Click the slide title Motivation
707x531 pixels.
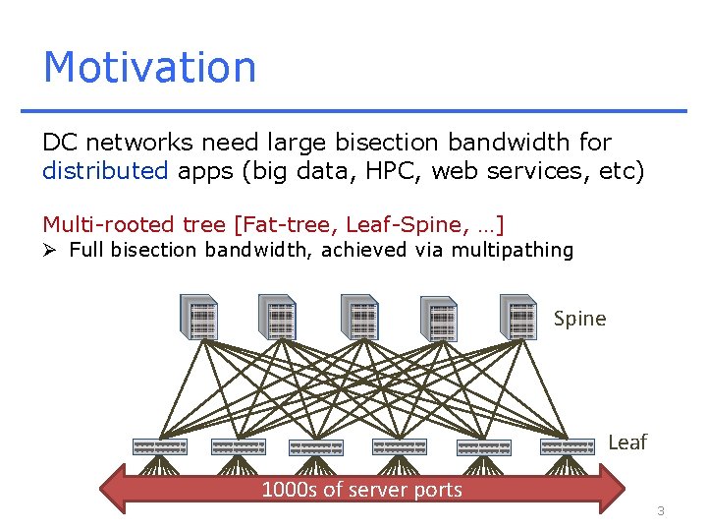click(x=149, y=67)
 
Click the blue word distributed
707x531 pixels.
click(x=105, y=171)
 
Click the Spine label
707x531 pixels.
click(x=579, y=319)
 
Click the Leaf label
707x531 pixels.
click(x=626, y=442)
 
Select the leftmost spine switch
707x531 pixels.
click(x=199, y=318)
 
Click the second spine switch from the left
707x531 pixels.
click(x=279, y=318)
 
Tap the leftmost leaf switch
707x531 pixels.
click(x=159, y=446)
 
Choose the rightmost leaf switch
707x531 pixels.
click(x=567, y=446)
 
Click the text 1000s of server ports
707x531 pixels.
click(x=361, y=489)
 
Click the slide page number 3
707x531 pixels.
click(x=661, y=510)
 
